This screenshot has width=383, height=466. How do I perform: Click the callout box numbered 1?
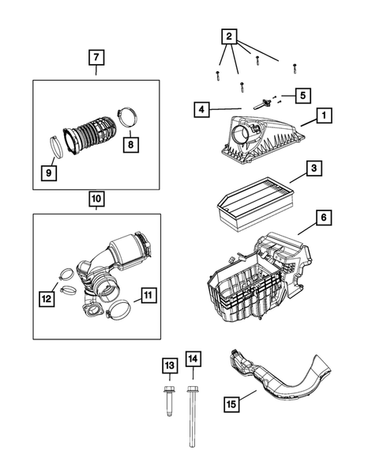(323, 116)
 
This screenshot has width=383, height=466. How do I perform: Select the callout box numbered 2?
(228, 36)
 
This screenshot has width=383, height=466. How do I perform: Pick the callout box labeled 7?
(96, 58)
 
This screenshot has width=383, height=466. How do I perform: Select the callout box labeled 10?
(96, 199)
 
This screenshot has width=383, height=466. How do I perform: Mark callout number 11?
(147, 297)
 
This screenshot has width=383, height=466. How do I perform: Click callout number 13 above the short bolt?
(169, 366)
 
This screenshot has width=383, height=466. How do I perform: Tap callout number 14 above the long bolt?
(193, 359)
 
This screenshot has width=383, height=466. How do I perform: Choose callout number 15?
(231, 405)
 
